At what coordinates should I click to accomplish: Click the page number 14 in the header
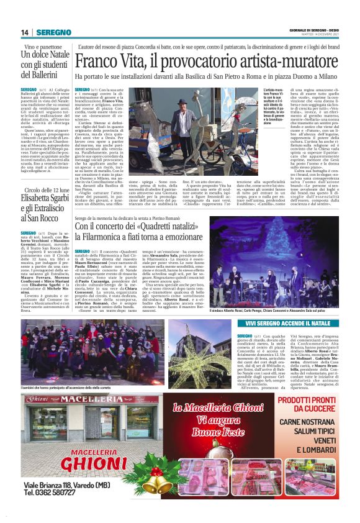[x=25, y=32]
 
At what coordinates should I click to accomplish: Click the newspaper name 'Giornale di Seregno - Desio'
[x=316, y=30]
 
